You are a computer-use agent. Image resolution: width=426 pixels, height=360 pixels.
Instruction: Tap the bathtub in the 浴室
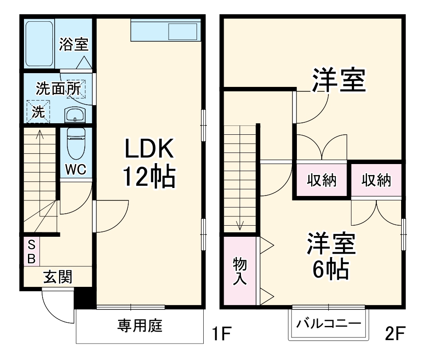coord(39,43)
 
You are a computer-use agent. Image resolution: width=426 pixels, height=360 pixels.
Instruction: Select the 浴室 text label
coord(74,45)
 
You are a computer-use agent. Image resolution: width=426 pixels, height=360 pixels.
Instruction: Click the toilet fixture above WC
coord(75,143)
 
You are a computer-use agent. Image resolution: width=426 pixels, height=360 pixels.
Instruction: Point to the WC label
coord(75,170)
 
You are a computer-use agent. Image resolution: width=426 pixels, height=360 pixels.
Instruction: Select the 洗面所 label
coord(58,89)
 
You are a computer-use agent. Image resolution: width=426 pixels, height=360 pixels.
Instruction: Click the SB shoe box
coord(32,252)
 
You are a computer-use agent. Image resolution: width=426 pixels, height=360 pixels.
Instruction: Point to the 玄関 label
coord(57,278)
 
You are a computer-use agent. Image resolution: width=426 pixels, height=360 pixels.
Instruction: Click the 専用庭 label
coord(140,326)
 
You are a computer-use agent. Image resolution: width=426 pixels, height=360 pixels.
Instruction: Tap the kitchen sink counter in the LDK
coord(166,31)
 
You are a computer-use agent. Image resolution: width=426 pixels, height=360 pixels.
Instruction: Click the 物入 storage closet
coord(240,271)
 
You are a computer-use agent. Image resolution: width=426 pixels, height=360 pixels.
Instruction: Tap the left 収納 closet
coord(322,180)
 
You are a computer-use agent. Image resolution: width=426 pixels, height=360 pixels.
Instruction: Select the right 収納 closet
coord(376,180)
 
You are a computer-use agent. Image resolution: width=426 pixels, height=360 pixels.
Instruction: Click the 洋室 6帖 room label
coord(331,256)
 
